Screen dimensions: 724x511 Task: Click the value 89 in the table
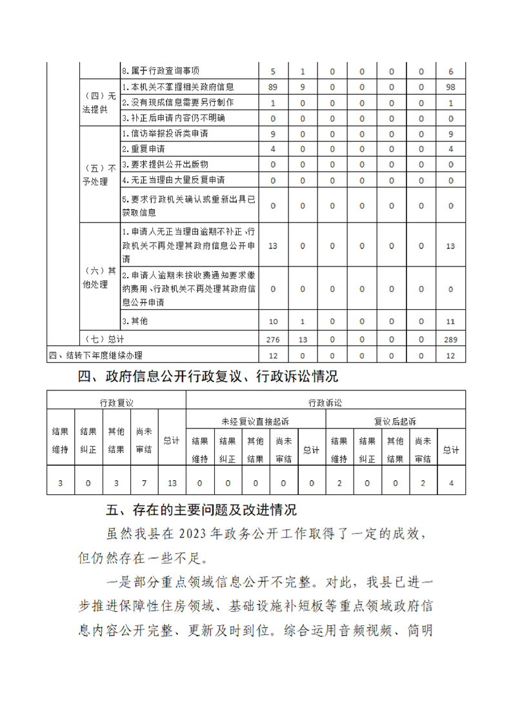click(x=272, y=86)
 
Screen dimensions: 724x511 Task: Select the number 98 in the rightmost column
click(x=451, y=86)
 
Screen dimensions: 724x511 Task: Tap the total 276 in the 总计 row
click(x=272, y=339)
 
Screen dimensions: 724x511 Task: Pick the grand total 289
click(x=451, y=339)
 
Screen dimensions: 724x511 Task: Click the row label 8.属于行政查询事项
click(x=161, y=71)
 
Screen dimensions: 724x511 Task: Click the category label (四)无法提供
click(x=99, y=103)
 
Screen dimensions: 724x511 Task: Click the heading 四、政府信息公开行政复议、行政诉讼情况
click(x=208, y=376)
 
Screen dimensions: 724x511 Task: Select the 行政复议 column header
click(x=116, y=402)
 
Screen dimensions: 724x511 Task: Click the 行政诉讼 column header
click(x=325, y=402)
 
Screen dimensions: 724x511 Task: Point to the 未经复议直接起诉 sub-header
click(x=255, y=421)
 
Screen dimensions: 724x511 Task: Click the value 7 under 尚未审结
click(x=144, y=482)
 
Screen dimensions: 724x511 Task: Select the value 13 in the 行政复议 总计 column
click(x=171, y=482)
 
